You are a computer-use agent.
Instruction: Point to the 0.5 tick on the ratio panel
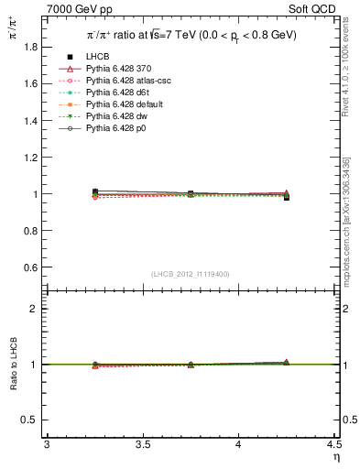point(30,420)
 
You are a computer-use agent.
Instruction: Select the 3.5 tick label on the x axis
point(142,445)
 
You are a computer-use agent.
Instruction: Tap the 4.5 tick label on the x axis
point(333,445)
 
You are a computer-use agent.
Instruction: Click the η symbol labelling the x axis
point(335,458)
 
